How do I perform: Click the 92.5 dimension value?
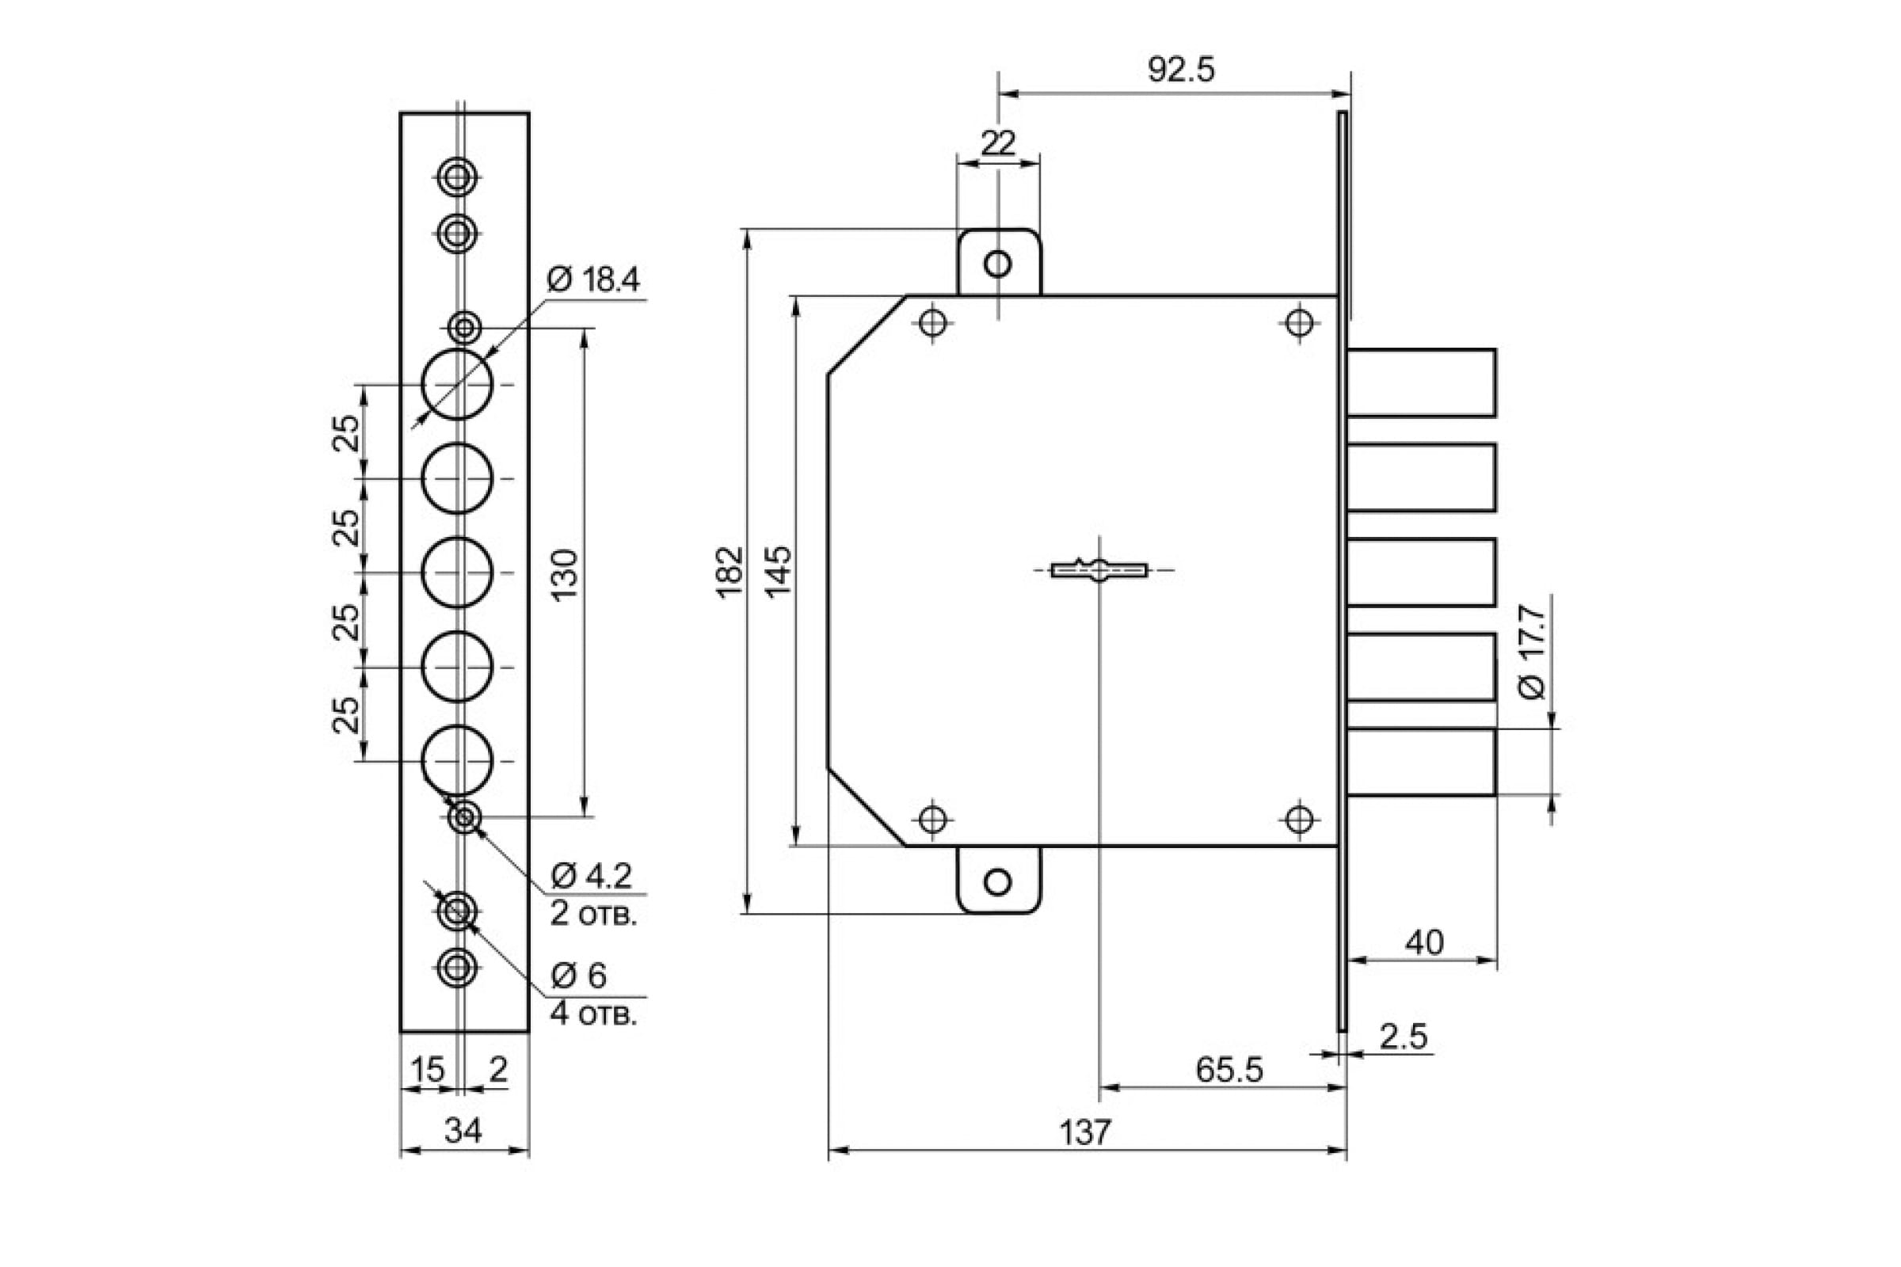pyautogui.click(x=1181, y=70)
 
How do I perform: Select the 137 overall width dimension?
pyautogui.click(x=1084, y=1133)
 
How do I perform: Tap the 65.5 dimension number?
pyautogui.click(x=1229, y=1070)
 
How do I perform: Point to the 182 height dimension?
pyautogui.click(x=730, y=572)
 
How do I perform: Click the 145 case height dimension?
pyautogui.click(x=779, y=572)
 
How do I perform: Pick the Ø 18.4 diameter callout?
pyautogui.click(x=593, y=280)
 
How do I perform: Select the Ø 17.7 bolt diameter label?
pyautogui.click(x=1532, y=653)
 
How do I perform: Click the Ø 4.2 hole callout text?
pyautogui.click(x=592, y=875)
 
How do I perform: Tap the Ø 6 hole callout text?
pyautogui.click(x=579, y=976)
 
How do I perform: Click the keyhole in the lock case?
pyautogui.click(x=1099, y=570)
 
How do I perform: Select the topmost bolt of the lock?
pyautogui.click(x=1421, y=383)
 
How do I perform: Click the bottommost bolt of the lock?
pyautogui.click(x=1421, y=763)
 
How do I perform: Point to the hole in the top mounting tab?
pyautogui.click(x=998, y=264)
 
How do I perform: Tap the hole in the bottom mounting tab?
pyautogui.click(x=998, y=881)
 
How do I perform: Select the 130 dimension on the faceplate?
pyautogui.click(x=566, y=573)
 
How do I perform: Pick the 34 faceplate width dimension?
pyautogui.click(x=463, y=1132)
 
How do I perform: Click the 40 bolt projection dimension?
pyautogui.click(x=1424, y=943)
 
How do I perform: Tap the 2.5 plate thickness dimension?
pyautogui.click(x=1404, y=1037)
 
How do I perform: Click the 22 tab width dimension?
pyautogui.click(x=998, y=144)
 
